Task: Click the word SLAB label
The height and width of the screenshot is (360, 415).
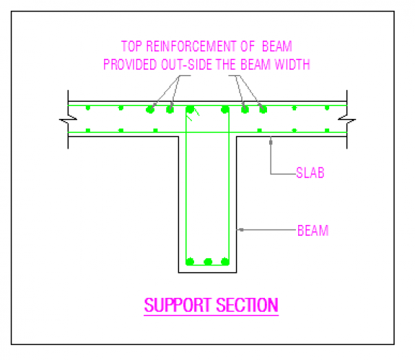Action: (310, 172)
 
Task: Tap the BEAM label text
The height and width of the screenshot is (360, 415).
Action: (313, 230)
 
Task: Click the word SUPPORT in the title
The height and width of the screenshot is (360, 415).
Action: (178, 305)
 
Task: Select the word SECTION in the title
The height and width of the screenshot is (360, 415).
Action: (248, 305)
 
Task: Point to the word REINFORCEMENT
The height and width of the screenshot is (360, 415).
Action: (191, 46)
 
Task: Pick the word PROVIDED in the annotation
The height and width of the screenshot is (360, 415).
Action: (130, 64)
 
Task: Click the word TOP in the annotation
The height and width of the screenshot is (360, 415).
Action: (131, 46)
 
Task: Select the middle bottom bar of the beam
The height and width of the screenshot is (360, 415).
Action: (208, 262)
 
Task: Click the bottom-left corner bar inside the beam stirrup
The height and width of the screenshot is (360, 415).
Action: (190, 262)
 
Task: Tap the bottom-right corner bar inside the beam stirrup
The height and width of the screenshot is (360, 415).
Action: (225, 262)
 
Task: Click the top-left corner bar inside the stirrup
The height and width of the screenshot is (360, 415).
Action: (190, 109)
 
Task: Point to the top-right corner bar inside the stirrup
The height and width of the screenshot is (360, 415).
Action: (225, 109)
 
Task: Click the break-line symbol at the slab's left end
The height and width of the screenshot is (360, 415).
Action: (68, 120)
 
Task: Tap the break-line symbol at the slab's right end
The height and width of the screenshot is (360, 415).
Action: (347, 120)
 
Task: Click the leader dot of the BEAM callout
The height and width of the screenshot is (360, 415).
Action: (241, 229)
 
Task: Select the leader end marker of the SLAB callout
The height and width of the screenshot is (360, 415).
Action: (271, 142)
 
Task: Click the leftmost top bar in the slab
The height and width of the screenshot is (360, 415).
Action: (88, 107)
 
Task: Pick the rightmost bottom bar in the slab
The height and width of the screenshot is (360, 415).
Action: (327, 131)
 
